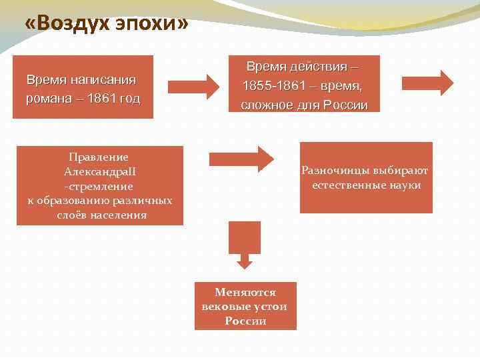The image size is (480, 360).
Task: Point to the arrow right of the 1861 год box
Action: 193,85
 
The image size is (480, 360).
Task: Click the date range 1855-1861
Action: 270,86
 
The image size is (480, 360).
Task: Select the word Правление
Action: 99,157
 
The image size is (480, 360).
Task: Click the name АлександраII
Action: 99,172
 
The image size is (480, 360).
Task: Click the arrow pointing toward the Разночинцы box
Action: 241,158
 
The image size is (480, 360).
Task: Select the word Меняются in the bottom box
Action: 245,292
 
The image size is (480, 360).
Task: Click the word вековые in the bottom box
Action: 223,307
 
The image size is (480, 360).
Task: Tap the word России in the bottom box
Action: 245,321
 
